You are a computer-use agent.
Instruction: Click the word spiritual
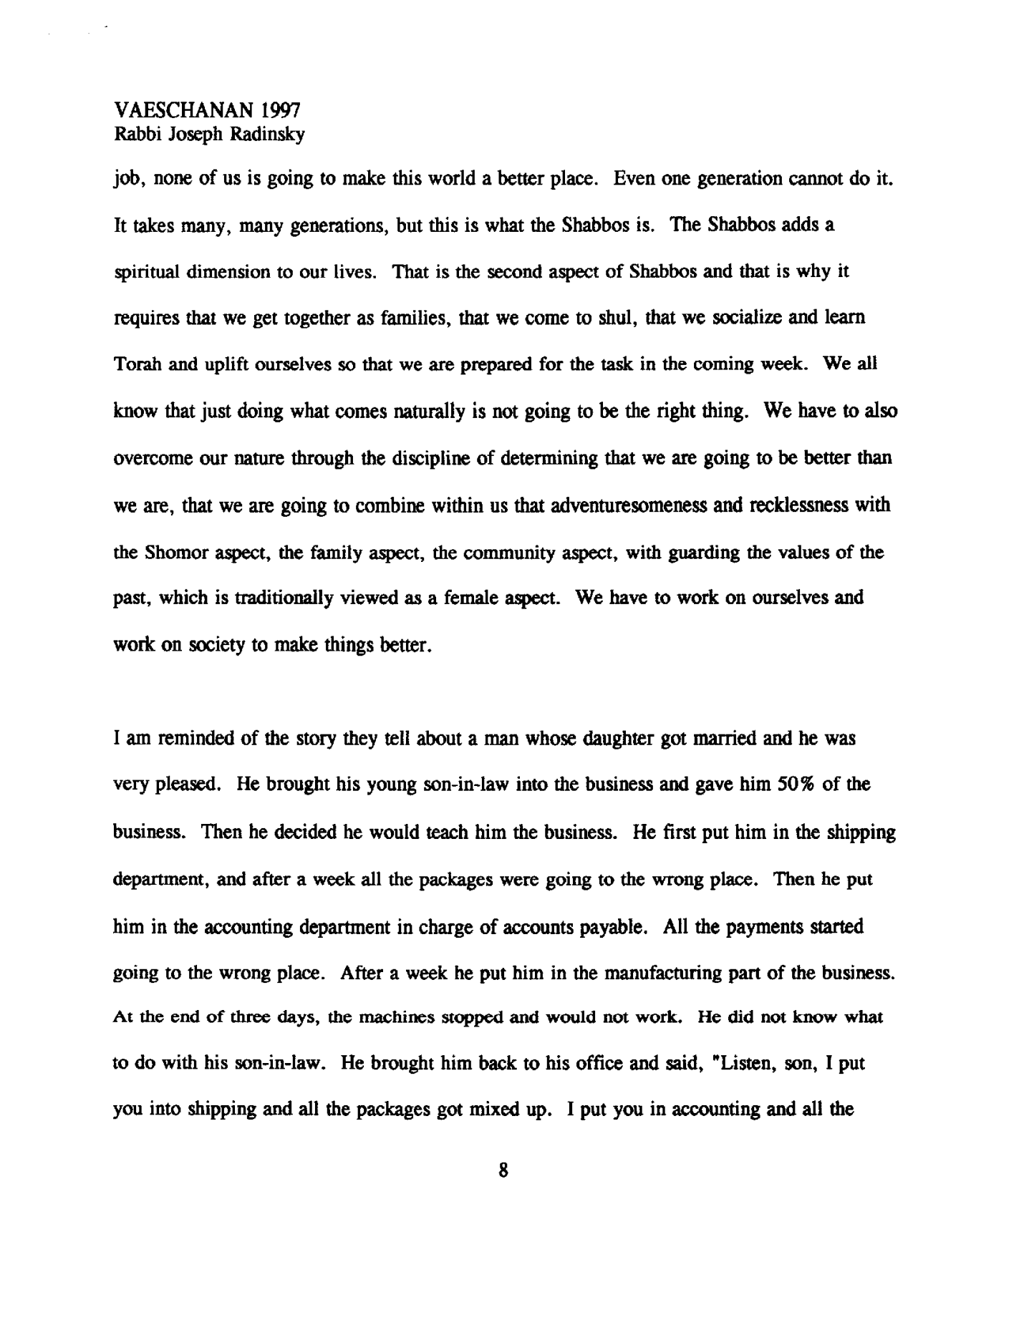coord(143,273)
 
